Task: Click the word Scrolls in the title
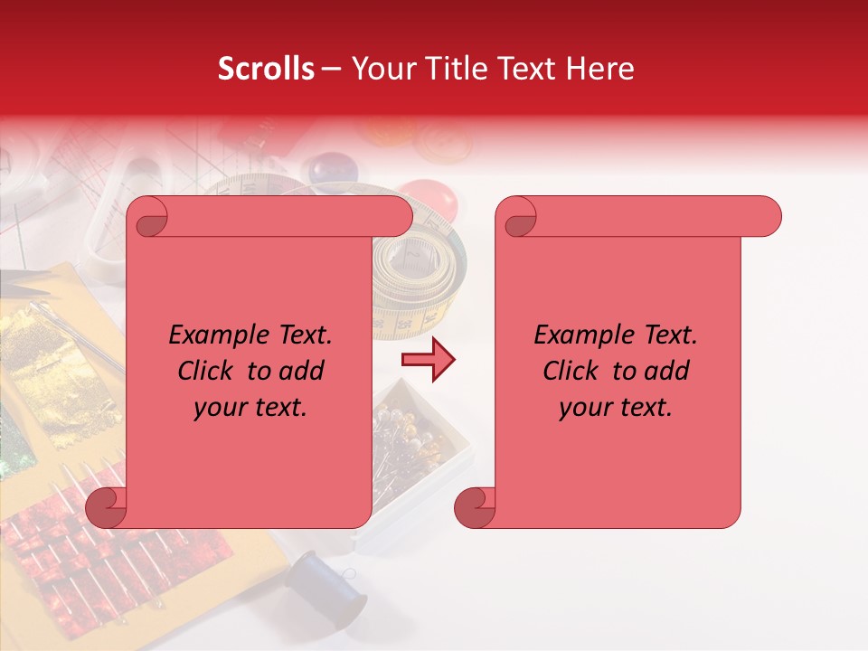pos(267,69)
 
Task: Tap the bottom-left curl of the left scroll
pos(106,508)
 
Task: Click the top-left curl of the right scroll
pos(517,218)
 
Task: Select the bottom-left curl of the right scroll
pos(475,508)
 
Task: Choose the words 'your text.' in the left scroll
pos(250,408)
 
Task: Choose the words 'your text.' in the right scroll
pos(616,408)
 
